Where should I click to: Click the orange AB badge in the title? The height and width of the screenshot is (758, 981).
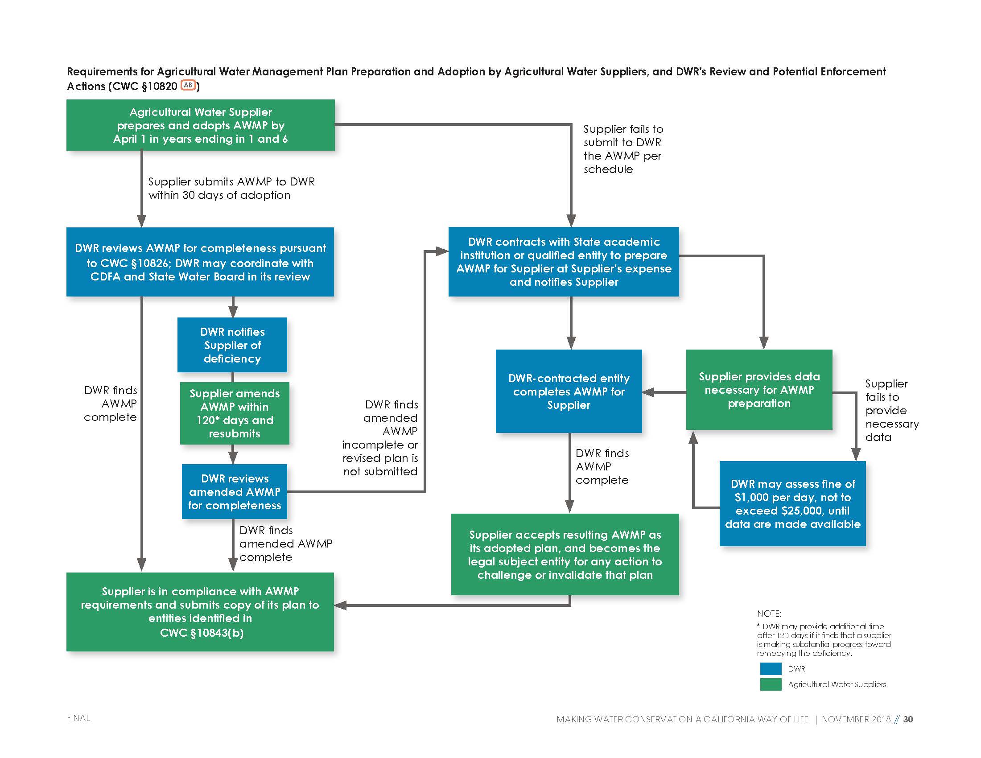tap(188, 85)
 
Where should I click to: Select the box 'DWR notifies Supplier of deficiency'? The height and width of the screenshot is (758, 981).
tap(232, 345)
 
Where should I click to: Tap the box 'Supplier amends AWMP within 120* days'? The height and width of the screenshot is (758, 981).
tap(235, 413)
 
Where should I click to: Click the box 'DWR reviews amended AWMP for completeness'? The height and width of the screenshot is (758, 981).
tap(235, 492)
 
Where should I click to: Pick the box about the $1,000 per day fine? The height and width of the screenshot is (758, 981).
tap(793, 504)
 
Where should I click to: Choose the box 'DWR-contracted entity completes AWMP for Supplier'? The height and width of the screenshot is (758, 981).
tap(569, 391)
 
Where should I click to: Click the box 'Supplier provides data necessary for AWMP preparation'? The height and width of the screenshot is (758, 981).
tap(759, 390)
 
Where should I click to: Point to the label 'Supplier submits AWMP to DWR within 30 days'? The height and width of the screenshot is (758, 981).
tap(231, 188)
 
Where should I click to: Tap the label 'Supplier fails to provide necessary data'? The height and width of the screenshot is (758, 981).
tap(892, 410)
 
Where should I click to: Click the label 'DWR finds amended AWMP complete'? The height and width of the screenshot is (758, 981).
tap(286, 544)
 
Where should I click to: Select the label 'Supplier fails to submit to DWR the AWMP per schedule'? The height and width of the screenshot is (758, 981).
tap(623, 149)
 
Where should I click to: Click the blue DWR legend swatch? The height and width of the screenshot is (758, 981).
tap(771, 669)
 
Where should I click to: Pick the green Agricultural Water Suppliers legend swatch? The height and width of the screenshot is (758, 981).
tap(771, 684)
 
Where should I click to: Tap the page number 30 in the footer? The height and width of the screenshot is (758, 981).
tap(908, 719)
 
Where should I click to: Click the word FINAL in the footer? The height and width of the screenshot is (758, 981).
tap(78, 718)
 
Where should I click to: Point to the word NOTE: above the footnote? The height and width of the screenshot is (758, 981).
tap(769, 614)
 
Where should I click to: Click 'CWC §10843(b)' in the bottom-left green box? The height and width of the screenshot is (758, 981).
tap(202, 633)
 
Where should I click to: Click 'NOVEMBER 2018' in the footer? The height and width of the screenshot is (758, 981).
tap(856, 719)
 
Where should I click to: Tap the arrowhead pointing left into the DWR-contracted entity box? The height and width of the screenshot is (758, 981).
tap(648, 392)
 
